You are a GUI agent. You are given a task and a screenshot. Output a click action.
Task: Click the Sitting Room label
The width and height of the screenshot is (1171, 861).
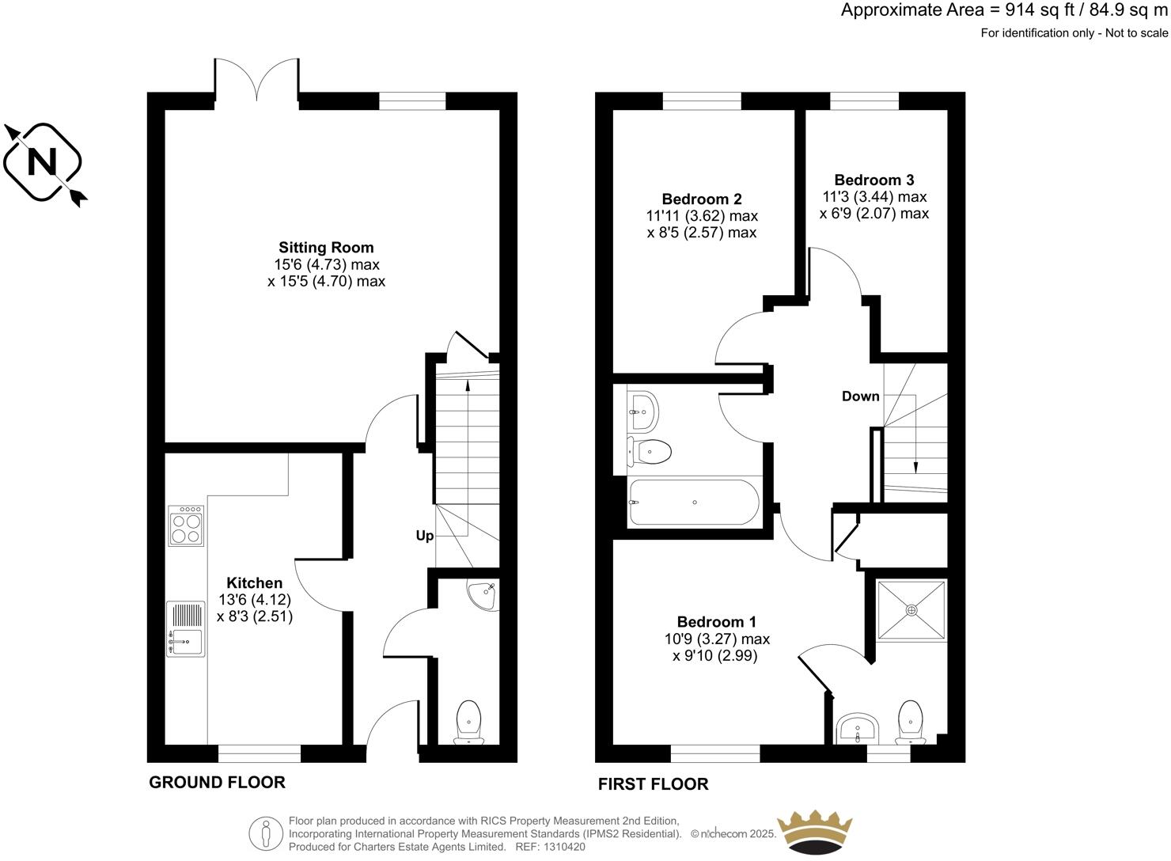tap(326, 248)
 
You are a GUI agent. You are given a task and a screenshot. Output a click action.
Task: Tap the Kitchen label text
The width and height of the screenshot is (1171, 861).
tap(255, 583)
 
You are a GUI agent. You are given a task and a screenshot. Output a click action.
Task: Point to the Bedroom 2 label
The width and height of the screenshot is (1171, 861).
tap(702, 199)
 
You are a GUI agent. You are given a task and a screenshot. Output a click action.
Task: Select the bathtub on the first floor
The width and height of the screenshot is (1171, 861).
tap(693, 503)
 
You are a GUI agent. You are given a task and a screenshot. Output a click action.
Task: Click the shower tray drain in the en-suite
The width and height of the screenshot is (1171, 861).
tap(911, 610)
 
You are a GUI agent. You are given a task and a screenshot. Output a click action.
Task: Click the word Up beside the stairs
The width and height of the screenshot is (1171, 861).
tap(425, 536)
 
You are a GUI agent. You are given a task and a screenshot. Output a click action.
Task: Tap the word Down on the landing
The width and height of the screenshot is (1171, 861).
tap(860, 396)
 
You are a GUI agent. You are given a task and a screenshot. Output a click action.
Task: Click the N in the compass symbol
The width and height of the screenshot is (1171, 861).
tap(43, 162)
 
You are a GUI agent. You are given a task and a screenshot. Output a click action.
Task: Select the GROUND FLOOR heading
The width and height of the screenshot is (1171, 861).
tap(217, 783)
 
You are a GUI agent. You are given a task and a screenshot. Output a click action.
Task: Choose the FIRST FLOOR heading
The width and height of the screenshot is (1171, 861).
tap(653, 784)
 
